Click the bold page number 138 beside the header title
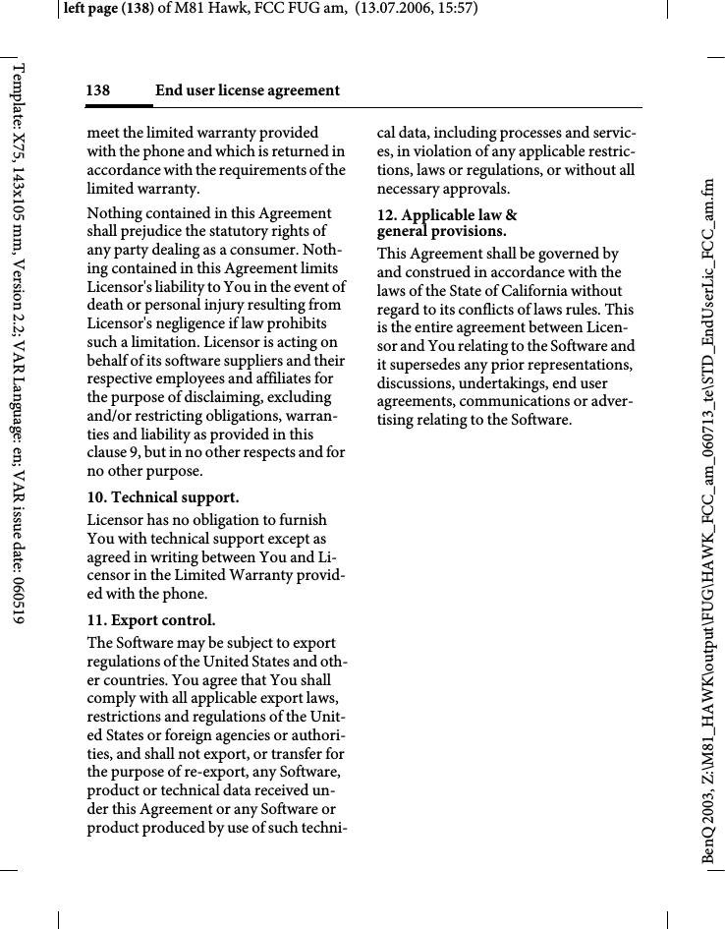97,91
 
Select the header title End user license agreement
248,91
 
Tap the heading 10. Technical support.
163,498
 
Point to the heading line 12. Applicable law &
448,215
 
